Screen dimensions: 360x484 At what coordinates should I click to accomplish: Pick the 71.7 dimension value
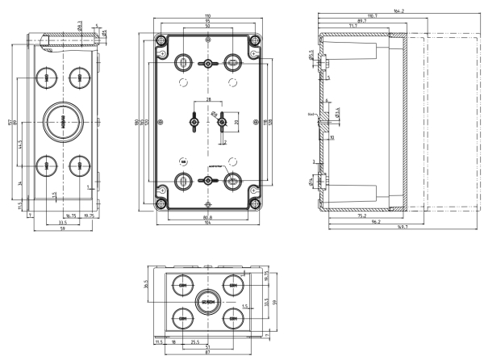[354, 27]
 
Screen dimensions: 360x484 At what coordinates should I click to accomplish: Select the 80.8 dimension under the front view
[208, 216]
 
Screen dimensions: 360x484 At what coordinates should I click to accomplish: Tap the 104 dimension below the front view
[208, 222]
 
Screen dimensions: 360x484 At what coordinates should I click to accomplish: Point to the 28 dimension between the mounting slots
[208, 100]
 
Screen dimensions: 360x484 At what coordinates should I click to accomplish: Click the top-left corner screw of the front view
[162, 41]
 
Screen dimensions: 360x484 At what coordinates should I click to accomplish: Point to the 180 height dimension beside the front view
[138, 123]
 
